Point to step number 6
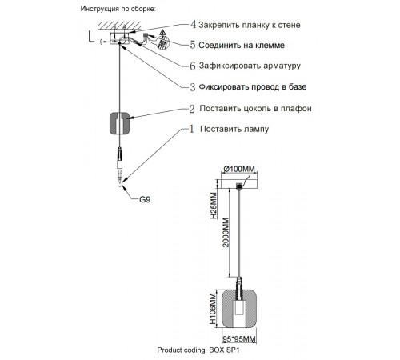tap(192, 66)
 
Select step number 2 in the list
tap(192, 108)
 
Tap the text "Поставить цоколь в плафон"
tap(256, 108)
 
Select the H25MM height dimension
tap(212, 207)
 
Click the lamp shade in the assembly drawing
tap(119, 124)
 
